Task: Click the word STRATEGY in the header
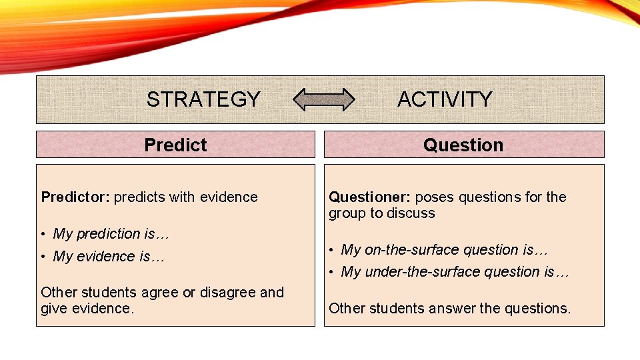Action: pos(203,99)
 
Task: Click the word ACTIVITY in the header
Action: pos(445,99)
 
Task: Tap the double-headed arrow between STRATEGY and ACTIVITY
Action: pos(325,99)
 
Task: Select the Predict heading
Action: pos(175,145)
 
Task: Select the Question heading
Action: pos(463,145)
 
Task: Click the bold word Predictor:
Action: pos(75,197)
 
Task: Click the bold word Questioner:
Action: pos(369,197)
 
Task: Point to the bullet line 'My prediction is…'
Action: pos(107,234)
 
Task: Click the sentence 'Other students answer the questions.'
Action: pos(450,309)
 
